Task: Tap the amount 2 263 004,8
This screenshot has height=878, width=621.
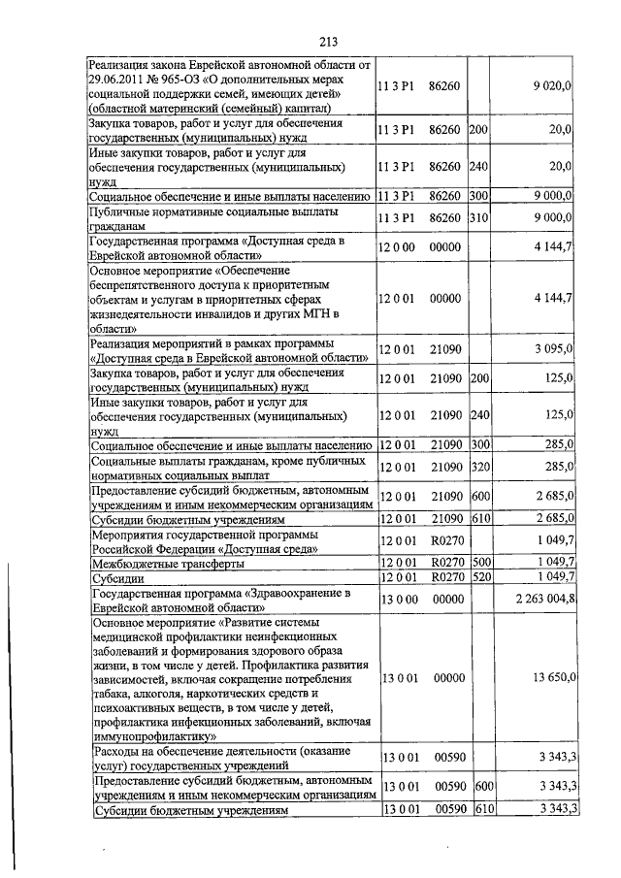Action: tap(540, 599)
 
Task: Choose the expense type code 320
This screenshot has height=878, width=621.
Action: tap(478, 467)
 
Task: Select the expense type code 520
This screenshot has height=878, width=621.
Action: tap(478, 577)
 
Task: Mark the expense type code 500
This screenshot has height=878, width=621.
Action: tap(478, 562)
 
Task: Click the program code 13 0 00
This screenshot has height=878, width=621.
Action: tap(398, 599)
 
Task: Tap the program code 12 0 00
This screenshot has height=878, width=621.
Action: tap(397, 247)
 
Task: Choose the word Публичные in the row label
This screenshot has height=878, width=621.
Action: tap(119, 211)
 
